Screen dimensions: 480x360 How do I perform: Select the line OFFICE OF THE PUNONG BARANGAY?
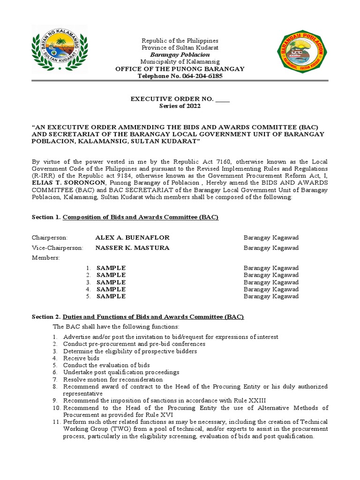point(180,69)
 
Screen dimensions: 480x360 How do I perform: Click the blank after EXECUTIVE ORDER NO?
point(223,99)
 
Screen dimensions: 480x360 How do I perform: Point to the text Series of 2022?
point(180,106)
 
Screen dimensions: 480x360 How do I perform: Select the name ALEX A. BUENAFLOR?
point(132,238)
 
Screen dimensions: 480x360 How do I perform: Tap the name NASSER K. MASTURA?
point(132,247)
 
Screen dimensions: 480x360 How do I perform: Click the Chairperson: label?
point(49,238)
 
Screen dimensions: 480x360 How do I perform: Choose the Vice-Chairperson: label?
point(57,247)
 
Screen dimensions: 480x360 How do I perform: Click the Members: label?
point(45,258)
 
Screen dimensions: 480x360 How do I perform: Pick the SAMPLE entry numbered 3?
point(111,282)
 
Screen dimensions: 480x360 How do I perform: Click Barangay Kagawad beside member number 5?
point(271,296)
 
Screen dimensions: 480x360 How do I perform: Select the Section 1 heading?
point(125,217)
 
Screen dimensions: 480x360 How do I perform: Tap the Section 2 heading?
point(138,317)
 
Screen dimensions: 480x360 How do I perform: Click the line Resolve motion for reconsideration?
point(113,379)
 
